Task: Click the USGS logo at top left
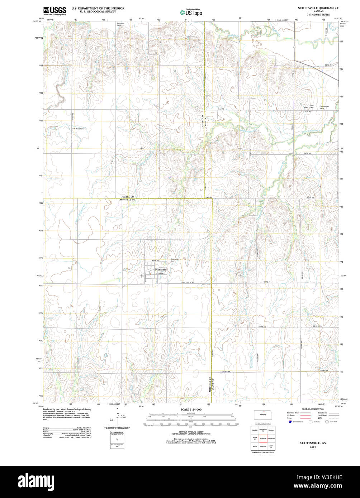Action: (x=54, y=11)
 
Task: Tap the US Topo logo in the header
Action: (x=191, y=12)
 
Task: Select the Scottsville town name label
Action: (x=160, y=269)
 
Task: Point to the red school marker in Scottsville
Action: (x=151, y=274)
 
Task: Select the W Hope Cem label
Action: (x=79, y=129)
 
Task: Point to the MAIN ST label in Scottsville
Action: (x=155, y=260)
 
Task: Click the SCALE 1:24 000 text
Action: (x=191, y=409)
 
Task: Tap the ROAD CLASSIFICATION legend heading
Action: (x=313, y=409)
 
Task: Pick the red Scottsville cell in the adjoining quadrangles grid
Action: (x=263, y=438)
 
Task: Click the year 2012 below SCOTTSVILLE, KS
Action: (x=313, y=447)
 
